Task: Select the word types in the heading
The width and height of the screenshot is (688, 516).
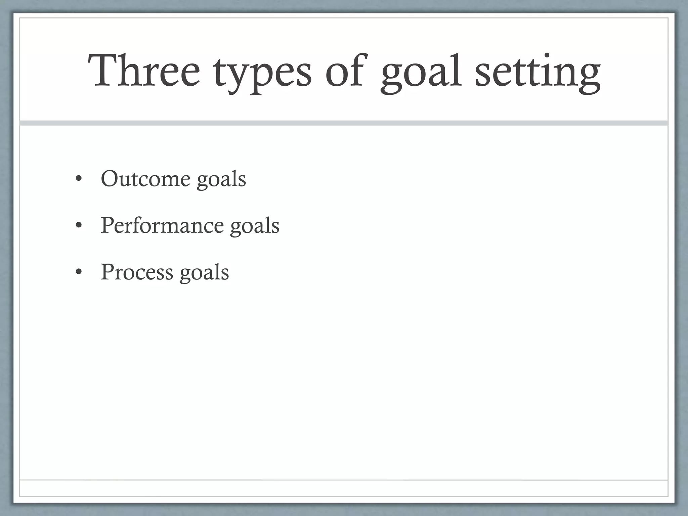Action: point(262,74)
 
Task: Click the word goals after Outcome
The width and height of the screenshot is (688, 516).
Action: point(221,180)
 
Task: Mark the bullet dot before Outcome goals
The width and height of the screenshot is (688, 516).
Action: point(79,179)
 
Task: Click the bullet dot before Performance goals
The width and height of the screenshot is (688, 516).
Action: point(79,226)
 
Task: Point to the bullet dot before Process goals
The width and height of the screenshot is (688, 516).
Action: point(79,272)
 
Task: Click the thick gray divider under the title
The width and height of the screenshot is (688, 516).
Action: point(343,123)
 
